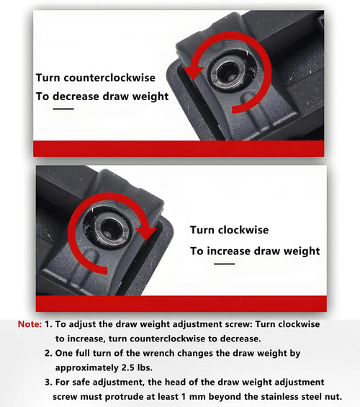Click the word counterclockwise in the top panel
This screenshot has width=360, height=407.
tap(109, 78)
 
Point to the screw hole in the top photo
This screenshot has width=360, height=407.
tap(228, 71)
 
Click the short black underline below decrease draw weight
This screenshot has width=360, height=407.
tap(63, 109)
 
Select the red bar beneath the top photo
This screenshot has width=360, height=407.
tap(179, 148)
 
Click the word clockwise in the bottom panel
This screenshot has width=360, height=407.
tap(243, 230)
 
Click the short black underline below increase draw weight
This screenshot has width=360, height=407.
tap(225, 264)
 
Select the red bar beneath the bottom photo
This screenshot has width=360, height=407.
tap(181, 303)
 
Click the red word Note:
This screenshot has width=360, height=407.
tap(30, 324)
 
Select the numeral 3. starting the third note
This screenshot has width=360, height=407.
tap(48, 382)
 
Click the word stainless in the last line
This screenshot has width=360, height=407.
tap(279, 397)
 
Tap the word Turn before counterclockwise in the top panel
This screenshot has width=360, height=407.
tap(48, 78)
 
